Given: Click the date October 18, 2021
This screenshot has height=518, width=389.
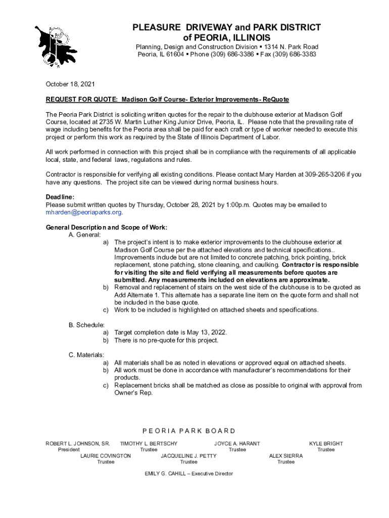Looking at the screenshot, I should coord(70,84).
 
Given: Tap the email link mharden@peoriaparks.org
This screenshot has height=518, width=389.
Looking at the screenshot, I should coord(84,212).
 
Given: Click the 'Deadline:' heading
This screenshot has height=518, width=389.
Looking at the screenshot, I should coord(60,197).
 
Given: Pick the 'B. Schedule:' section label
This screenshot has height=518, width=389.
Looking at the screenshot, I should coord(86,325).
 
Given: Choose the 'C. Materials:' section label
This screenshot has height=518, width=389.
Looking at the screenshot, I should coord(86,355).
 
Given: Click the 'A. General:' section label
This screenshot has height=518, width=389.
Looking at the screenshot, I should coord(85,235).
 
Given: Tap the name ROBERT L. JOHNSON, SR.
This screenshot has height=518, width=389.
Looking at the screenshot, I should coord(78,444).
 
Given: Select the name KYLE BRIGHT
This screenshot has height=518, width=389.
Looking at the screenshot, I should coord(326,444).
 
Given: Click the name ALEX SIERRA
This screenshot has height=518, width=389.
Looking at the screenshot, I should coord(286,456).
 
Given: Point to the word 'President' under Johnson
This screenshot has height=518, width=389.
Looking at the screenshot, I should coord(69,450).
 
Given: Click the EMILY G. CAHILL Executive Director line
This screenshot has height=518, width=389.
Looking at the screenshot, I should coord(189,473).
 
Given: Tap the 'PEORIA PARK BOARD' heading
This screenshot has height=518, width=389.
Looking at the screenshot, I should coord(189,431).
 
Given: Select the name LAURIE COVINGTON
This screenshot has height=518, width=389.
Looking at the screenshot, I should coord(106,456).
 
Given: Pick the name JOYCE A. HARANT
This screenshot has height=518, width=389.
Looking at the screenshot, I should coord(237,444).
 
